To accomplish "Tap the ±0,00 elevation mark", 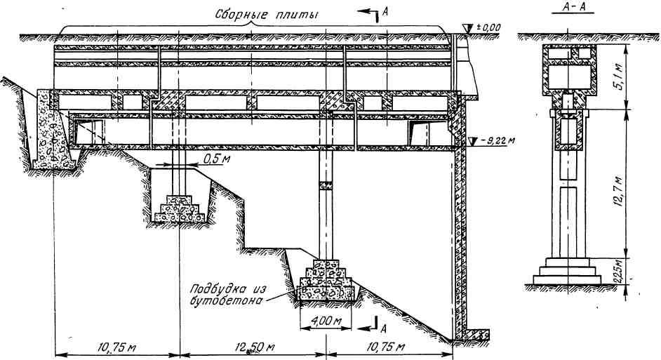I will [x=489, y=27].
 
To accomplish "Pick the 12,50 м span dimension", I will [x=252, y=347].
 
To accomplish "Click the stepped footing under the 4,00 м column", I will [x=327, y=284].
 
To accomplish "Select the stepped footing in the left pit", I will [x=178, y=209].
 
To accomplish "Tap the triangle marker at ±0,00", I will [x=469, y=27].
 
